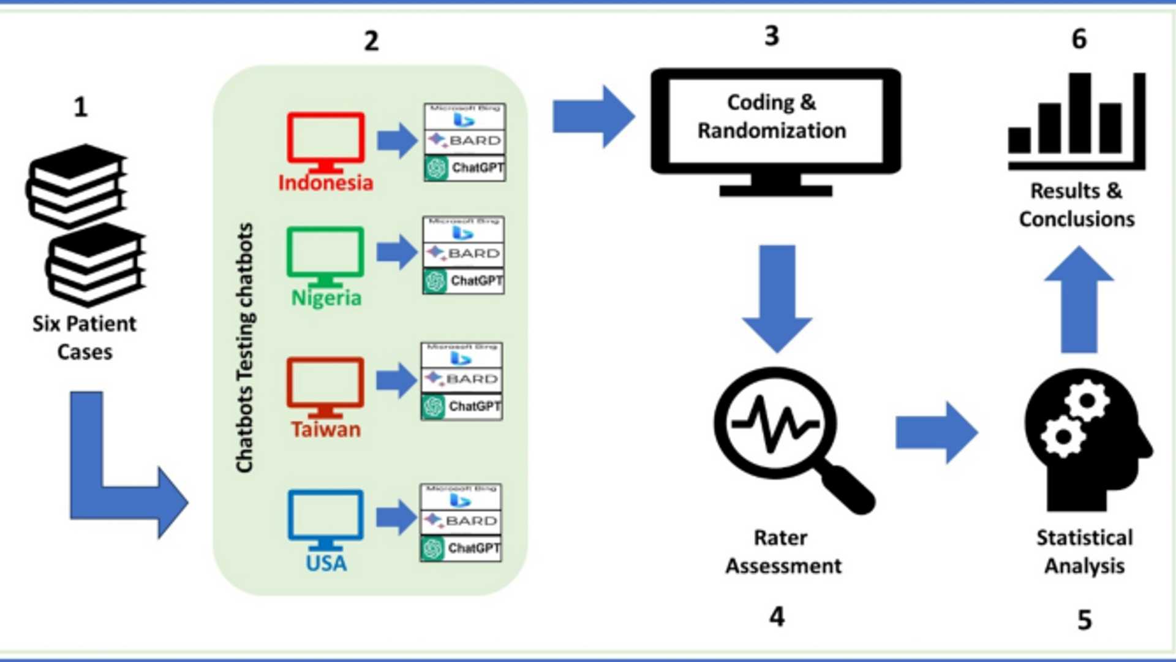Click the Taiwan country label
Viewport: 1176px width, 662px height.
[x=326, y=429]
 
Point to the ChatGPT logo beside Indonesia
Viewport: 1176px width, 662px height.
[x=465, y=168]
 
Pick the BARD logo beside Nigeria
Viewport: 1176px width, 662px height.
[x=464, y=253]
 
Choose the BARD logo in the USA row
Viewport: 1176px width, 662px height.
[x=461, y=521]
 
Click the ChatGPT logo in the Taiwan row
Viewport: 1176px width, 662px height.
[x=462, y=406]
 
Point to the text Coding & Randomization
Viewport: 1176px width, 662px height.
[x=772, y=116]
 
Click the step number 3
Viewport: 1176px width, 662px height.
[x=772, y=36]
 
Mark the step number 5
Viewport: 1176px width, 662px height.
[x=1085, y=620]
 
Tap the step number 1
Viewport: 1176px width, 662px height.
[x=81, y=107]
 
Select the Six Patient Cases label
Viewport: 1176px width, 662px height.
[x=85, y=338]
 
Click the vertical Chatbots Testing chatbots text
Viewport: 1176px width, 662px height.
[x=245, y=348]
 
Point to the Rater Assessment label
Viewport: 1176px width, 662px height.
[x=783, y=552]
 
